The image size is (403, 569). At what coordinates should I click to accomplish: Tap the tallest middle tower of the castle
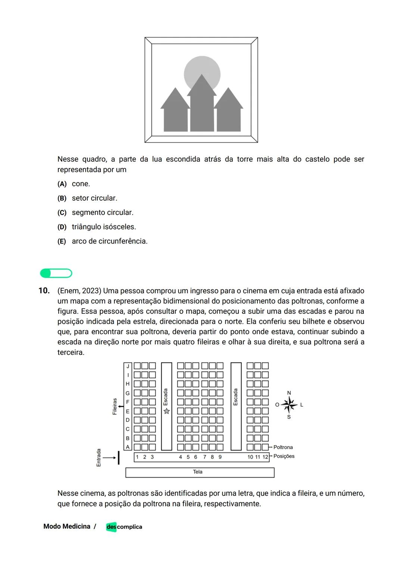click(202, 108)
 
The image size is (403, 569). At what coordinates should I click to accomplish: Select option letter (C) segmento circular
click(62, 213)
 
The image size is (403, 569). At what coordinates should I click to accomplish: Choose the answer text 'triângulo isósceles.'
click(104, 227)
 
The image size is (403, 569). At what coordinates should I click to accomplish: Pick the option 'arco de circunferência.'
click(110, 241)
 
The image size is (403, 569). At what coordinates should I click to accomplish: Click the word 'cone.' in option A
click(81, 184)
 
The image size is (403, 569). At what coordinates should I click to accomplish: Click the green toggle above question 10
click(56, 273)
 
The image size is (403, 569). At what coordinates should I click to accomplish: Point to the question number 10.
click(44, 291)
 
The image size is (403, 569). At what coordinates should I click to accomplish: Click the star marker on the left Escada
click(167, 411)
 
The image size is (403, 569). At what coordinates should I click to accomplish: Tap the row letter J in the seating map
click(128, 366)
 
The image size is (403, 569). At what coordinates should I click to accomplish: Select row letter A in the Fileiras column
click(128, 447)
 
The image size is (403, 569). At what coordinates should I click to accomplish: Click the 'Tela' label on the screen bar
click(198, 472)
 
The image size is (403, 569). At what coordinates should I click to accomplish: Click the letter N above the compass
click(289, 393)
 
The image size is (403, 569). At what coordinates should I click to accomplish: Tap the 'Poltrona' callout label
click(283, 447)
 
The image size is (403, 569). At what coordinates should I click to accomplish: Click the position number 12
click(265, 457)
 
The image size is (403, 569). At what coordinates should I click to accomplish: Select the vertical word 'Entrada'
click(99, 457)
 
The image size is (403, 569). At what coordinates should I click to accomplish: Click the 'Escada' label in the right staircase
click(235, 397)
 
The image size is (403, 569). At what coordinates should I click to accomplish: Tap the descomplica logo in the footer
click(124, 527)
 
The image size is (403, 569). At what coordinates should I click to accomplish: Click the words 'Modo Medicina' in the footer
click(67, 526)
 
